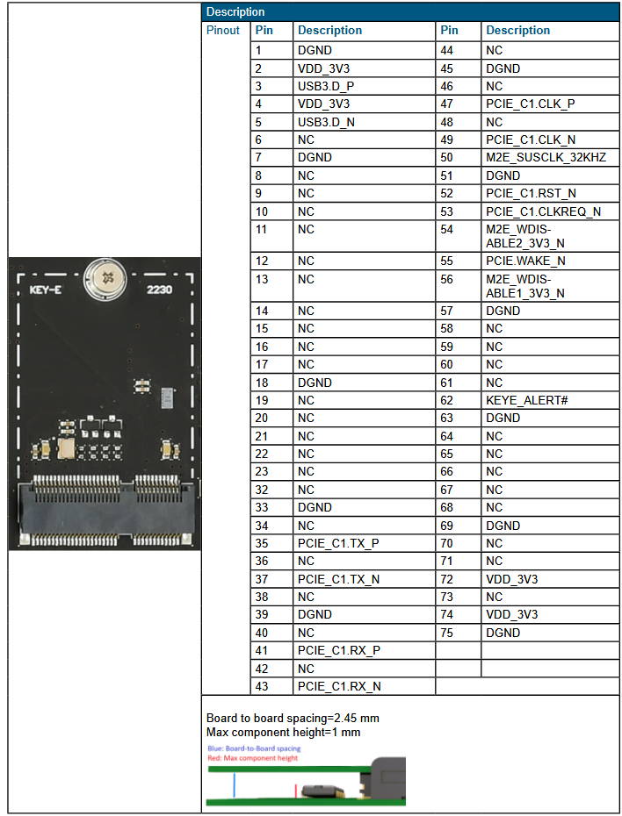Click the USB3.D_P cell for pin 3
[x=326, y=87]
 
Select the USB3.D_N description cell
[x=326, y=122]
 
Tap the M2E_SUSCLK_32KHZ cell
[x=546, y=158]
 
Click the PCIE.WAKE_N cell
[x=525, y=261]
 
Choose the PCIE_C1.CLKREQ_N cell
[x=543, y=211]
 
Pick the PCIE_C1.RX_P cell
[x=339, y=650]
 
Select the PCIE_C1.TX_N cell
[x=339, y=579]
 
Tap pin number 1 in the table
[x=258, y=51]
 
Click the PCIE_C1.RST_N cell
[x=531, y=193]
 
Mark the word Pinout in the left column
[x=223, y=31]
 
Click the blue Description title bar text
[x=235, y=12]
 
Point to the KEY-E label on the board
[x=45, y=290]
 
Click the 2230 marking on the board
[x=160, y=290]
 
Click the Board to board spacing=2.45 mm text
[x=293, y=718]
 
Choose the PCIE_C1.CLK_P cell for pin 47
[x=530, y=104]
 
